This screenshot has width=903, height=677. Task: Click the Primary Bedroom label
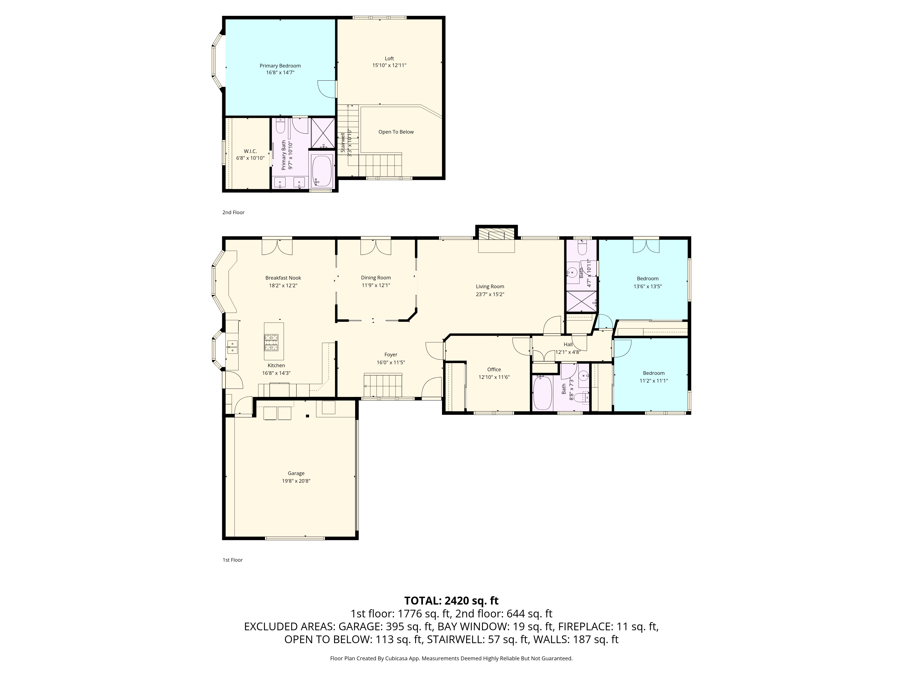tap(280, 66)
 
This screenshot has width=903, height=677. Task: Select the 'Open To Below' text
tap(396, 132)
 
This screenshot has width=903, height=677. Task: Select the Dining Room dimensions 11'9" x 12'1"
tap(376, 285)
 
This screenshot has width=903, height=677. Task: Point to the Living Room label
tap(490, 286)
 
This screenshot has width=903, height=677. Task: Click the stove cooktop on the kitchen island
tap(272, 342)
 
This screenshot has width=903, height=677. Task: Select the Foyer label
tap(391, 355)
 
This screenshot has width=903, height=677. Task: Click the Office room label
tap(494, 369)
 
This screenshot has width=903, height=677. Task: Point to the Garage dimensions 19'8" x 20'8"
tap(296, 481)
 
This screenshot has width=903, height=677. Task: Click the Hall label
tap(568, 344)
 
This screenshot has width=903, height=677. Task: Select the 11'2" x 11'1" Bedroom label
tap(654, 373)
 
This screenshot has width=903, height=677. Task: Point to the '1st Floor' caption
tap(233, 560)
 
